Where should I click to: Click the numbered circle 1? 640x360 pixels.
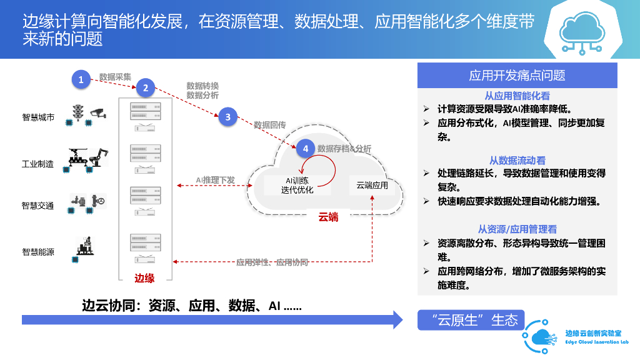tap(81, 79)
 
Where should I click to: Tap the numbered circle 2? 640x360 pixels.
tap(145, 88)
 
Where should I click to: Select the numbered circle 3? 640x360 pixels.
tap(228, 117)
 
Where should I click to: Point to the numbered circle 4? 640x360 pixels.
tap(305, 148)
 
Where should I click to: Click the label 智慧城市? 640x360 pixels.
tap(38, 117)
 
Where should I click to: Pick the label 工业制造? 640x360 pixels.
tap(38, 164)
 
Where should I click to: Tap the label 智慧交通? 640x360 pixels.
tap(38, 206)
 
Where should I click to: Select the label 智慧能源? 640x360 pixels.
tap(38, 252)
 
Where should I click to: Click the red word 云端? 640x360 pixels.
tap(328, 217)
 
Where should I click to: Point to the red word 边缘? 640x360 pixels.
tap(144, 278)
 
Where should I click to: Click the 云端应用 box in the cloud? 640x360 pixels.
tap(372, 185)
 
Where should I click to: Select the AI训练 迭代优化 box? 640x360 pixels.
tap(297, 185)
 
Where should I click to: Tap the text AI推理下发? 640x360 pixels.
tap(215, 180)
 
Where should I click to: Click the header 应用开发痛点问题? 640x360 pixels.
tap(517, 76)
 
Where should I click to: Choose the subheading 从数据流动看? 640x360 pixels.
tap(517, 161)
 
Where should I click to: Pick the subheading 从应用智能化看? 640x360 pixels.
tap(517, 96)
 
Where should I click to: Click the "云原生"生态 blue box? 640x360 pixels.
tap(471, 321)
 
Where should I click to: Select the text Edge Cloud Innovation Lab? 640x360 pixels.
tap(596, 342)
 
